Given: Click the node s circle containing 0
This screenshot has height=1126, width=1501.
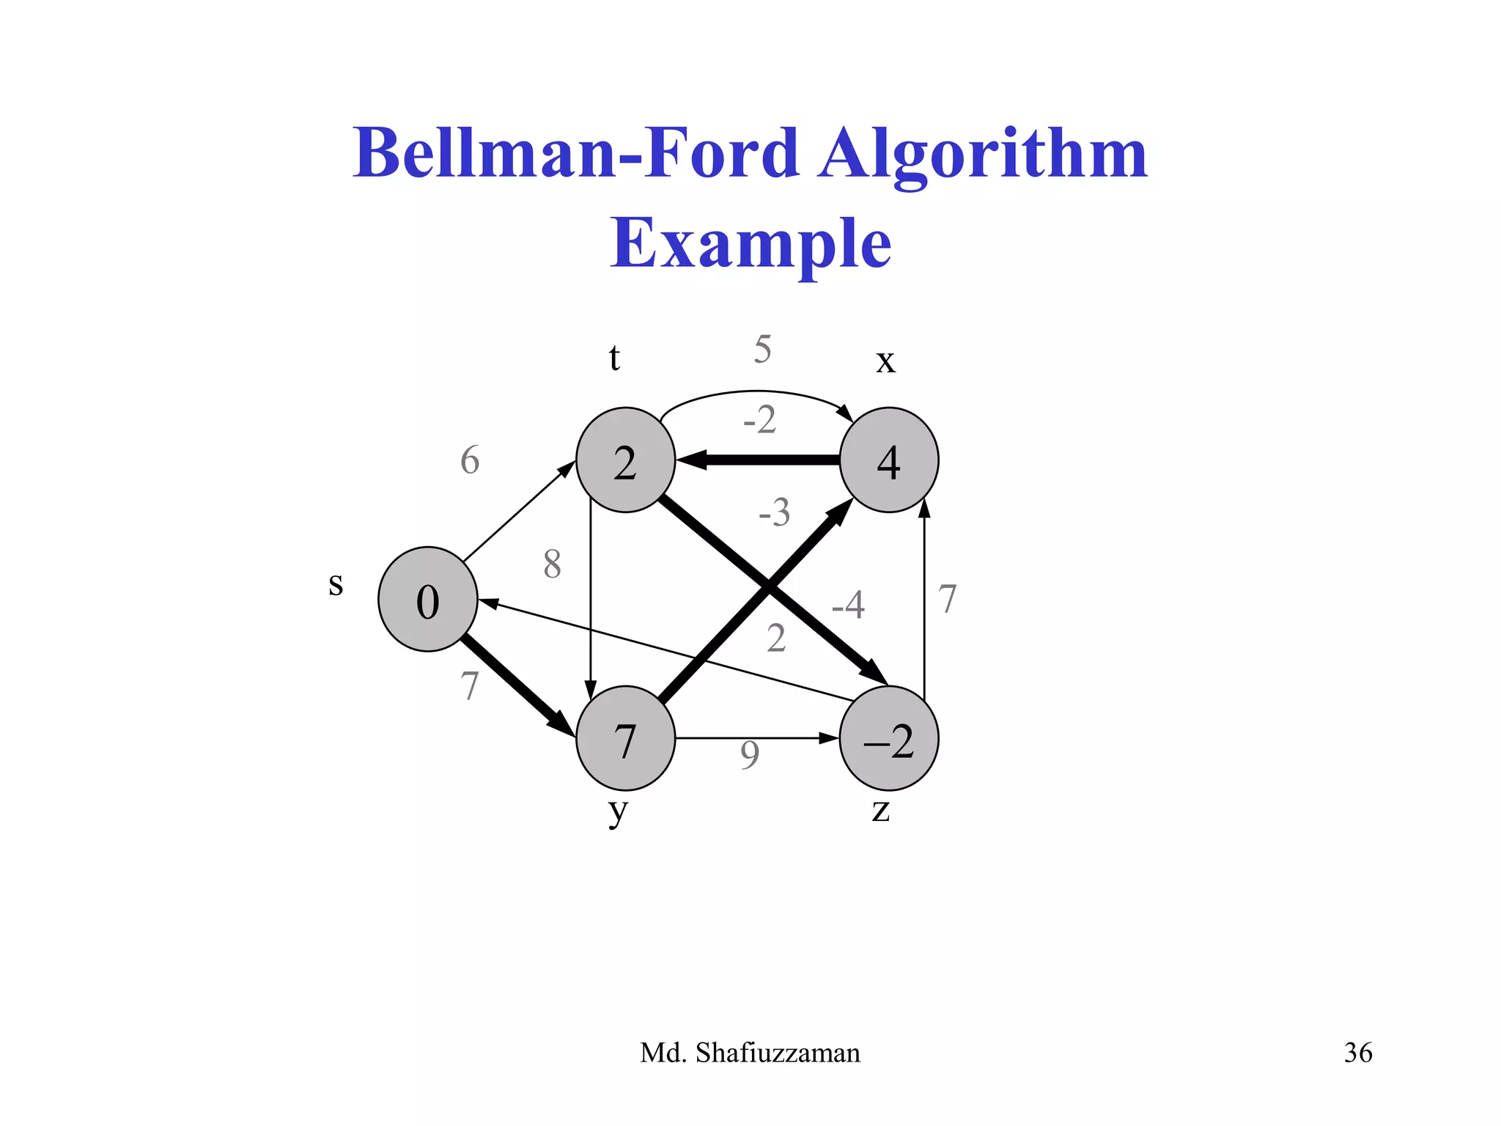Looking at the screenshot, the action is tap(428, 599).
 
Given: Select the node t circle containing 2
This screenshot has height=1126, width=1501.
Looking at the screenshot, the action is tap(625, 460).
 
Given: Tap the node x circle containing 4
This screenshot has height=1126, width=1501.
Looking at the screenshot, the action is tap(889, 460).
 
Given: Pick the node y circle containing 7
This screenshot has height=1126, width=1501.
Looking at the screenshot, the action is tap(625, 738).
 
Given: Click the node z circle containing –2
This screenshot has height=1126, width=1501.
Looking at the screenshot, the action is tap(889, 738).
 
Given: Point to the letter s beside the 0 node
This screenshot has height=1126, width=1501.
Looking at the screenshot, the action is tap(336, 585).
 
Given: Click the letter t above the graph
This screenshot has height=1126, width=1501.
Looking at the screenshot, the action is tap(614, 358).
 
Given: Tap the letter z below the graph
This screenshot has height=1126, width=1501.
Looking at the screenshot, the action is tap(881, 810).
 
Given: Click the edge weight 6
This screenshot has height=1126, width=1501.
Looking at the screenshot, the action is tap(470, 460).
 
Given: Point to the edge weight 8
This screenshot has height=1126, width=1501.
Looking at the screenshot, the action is tap(553, 564).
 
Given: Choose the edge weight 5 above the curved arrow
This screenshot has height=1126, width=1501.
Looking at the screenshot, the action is tap(762, 349).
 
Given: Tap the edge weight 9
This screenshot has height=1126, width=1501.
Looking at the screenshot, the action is tap(749, 755).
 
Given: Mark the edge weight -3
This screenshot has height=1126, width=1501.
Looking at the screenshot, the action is tap(774, 512).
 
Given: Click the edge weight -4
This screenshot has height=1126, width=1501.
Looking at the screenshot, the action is tap(848, 606).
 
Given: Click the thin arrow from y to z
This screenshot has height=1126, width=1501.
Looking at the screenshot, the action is tap(755, 738).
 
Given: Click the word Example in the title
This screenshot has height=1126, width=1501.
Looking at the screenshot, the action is tap(750, 243).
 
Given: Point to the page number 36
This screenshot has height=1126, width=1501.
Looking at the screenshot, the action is tap(1358, 1053).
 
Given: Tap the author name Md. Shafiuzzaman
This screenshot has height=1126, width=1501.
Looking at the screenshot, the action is tap(750, 1053).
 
